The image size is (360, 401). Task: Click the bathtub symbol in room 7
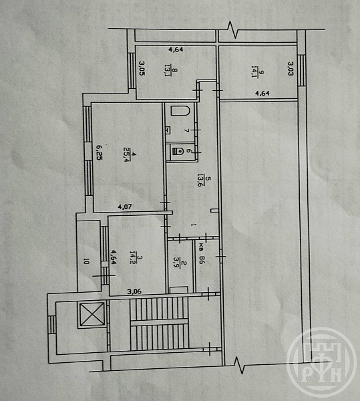180,111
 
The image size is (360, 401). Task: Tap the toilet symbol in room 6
178,151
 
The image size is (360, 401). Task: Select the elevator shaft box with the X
92,314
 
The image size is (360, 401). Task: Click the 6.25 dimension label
99,152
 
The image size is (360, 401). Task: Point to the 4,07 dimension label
125,207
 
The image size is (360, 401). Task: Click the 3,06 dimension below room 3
134,291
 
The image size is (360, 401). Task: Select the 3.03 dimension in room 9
291,68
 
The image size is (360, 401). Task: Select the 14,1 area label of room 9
254,72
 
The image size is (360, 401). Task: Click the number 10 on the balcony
86,261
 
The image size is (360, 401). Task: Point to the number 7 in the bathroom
187,131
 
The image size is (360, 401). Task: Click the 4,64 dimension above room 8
176,49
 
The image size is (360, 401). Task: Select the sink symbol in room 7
168,130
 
